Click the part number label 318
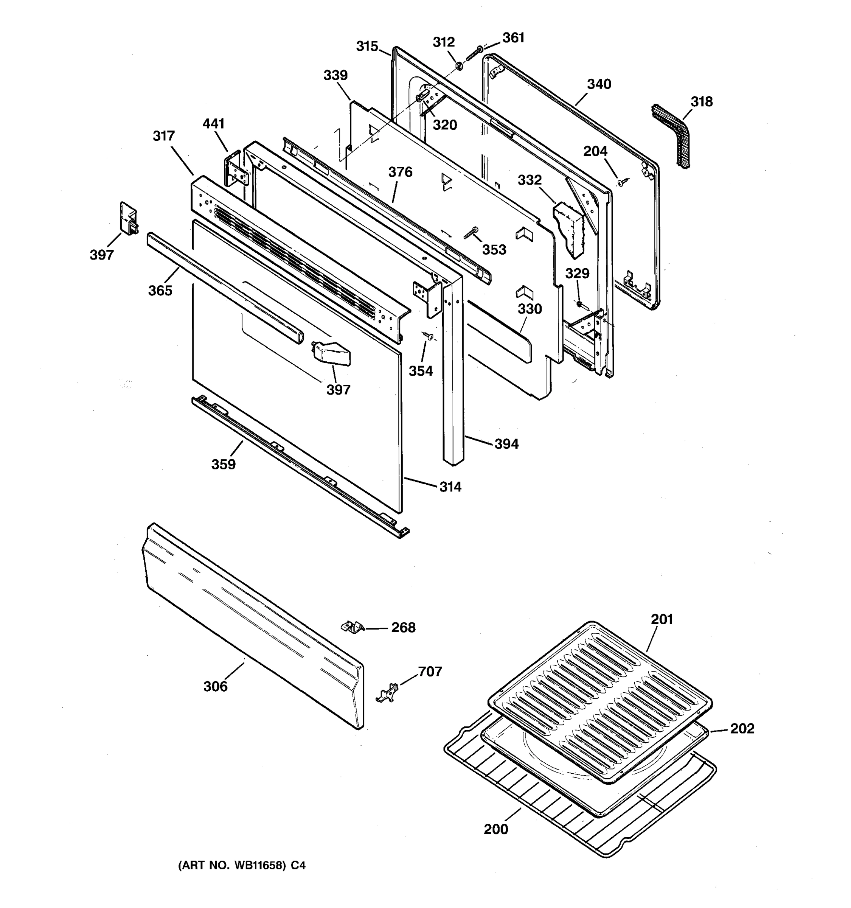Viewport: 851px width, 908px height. click(701, 101)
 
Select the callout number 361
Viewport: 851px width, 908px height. click(513, 38)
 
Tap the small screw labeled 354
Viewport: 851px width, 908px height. click(429, 337)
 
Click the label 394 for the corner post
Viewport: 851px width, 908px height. click(506, 443)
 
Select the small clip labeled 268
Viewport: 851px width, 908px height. click(353, 627)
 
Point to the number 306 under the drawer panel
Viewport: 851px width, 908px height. click(215, 686)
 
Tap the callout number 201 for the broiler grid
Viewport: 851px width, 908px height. click(662, 619)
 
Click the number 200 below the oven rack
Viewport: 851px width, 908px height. click(496, 829)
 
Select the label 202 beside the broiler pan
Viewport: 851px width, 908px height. click(742, 729)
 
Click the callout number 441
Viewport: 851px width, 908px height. click(213, 124)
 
